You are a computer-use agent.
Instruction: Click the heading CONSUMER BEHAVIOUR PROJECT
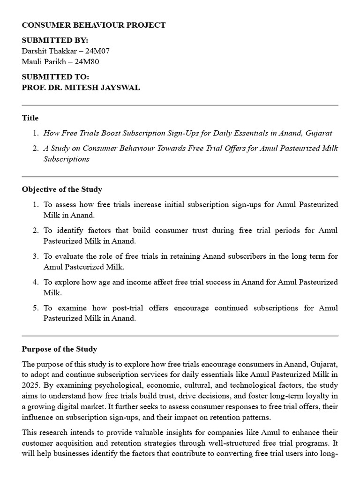(x=94, y=25)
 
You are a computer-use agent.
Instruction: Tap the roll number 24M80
(x=88, y=61)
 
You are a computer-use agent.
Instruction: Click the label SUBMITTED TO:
(x=55, y=77)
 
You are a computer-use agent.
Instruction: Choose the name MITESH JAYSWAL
(x=106, y=88)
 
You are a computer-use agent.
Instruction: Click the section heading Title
(x=30, y=118)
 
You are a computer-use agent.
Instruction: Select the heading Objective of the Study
(x=62, y=189)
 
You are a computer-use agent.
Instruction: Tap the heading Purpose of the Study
(x=60, y=349)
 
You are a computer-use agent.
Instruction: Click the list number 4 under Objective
(x=35, y=282)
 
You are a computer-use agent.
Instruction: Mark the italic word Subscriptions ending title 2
(x=66, y=158)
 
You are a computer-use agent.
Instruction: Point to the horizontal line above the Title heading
(x=180, y=105)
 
